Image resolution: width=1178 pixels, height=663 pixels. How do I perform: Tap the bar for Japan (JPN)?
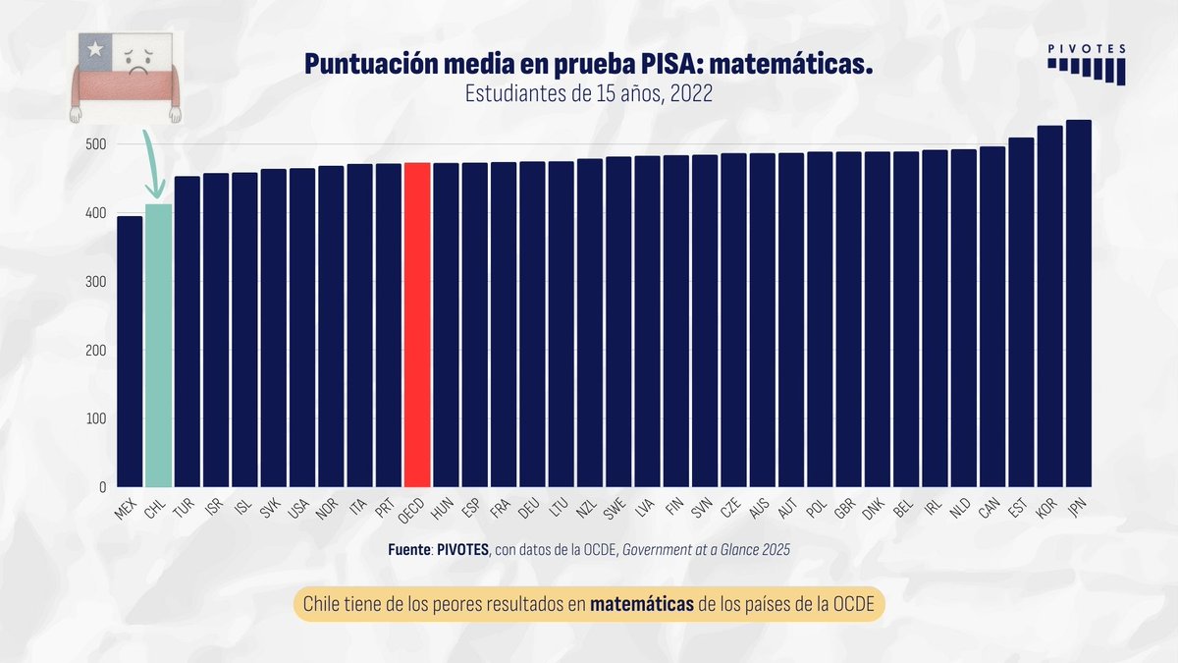pos(1079,304)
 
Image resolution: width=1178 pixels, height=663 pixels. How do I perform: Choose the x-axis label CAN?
pos(990,507)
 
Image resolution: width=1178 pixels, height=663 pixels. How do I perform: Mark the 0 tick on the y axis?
pos(102,487)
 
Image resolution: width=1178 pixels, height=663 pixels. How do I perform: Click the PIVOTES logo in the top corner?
pos(1086,65)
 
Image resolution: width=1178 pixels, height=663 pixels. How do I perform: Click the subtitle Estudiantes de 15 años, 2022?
pos(588,94)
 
